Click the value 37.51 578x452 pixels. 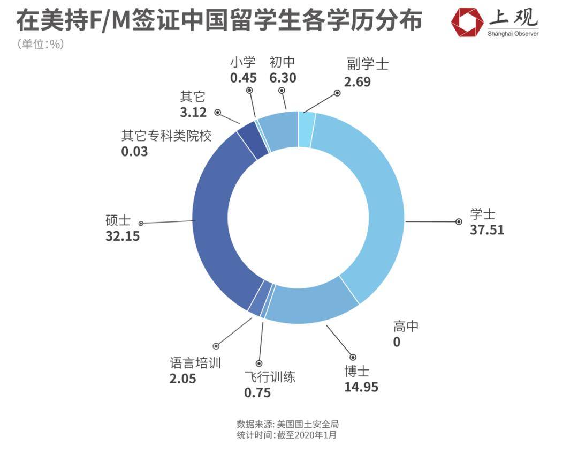coord(487,230)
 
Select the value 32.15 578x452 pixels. coord(123,236)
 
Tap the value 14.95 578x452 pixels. coord(361,387)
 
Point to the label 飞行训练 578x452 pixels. coord(270,376)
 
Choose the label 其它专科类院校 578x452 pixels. coord(166,136)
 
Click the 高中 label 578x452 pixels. coord(406,325)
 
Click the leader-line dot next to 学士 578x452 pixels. coord(458,221)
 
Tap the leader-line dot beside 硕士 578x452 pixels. coord(141,223)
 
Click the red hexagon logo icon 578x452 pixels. coord(467,22)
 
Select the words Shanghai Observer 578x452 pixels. coord(513,34)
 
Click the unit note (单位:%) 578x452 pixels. coord(41,45)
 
